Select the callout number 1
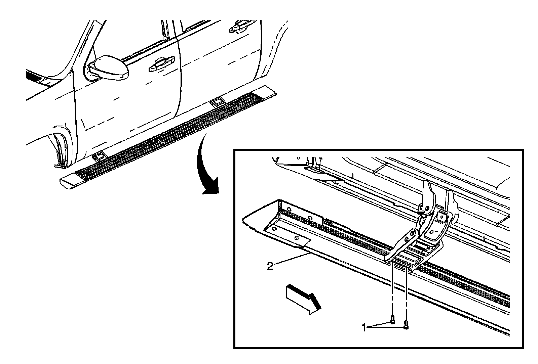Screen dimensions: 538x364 pos(363,327)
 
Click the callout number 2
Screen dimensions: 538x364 pos(270,266)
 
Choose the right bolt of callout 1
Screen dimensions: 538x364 pos(407,324)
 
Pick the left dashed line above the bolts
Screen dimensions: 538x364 pos(392,289)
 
